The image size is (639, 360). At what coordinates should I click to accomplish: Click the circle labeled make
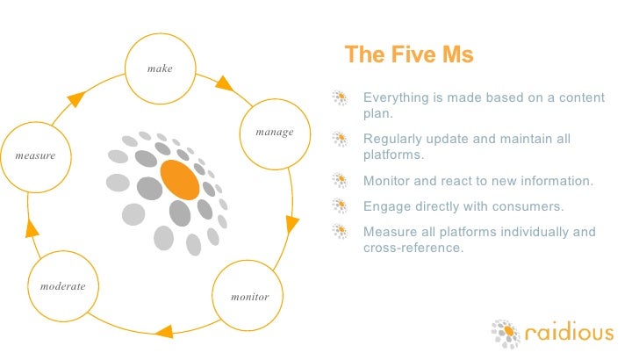pyautogui.click(x=160, y=69)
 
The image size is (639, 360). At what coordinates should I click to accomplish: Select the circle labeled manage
pyautogui.click(x=274, y=133)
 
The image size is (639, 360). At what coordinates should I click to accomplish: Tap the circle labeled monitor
pyautogui.click(x=249, y=296)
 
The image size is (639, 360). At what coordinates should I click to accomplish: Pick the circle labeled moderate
pyautogui.click(x=68, y=288)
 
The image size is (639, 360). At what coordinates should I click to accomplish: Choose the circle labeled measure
pyautogui.click(x=35, y=155)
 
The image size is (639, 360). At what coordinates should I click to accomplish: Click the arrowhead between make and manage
pyautogui.click(x=224, y=84)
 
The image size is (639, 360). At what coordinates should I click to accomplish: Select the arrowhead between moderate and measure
pyautogui.click(x=32, y=229)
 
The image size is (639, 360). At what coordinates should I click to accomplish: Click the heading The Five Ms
pyautogui.click(x=408, y=54)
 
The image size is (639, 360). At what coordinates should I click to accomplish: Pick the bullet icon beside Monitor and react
pyautogui.click(x=340, y=182)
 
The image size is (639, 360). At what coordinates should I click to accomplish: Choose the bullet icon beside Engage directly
pyautogui.click(x=340, y=206)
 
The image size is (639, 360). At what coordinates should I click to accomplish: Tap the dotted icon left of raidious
pyautogui.click(x=506, y=334)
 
